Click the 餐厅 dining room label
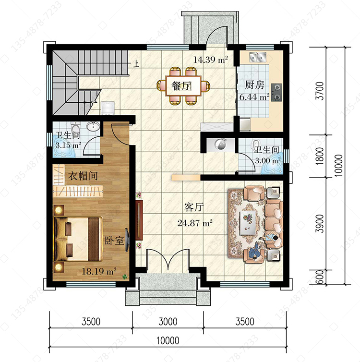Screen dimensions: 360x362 coord(181,86)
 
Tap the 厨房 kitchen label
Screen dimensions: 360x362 coord(254,85)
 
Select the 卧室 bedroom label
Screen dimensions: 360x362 coord(114,241)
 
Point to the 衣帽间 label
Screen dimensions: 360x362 coord(83,176)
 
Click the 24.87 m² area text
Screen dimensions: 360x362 coord(195,223)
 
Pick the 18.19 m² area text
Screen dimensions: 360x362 coord(99,271)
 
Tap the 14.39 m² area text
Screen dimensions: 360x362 coord(210,60)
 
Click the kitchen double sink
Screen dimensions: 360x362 coord(258,57)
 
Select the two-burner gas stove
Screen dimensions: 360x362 coord(276,92)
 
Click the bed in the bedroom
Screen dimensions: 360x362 coord(78,239)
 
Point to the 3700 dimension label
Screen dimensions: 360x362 coord(320,91)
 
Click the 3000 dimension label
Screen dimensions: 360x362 coord(168,322)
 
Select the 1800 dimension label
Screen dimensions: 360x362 coord(320,156)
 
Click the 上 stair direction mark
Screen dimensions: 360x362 coord(137,64)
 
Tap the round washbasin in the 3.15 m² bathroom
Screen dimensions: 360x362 coord(93,126)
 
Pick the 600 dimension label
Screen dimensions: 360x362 coord(320,277)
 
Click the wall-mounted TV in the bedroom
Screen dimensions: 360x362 coord(127,240)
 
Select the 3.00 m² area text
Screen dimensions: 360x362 coord(268,160)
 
